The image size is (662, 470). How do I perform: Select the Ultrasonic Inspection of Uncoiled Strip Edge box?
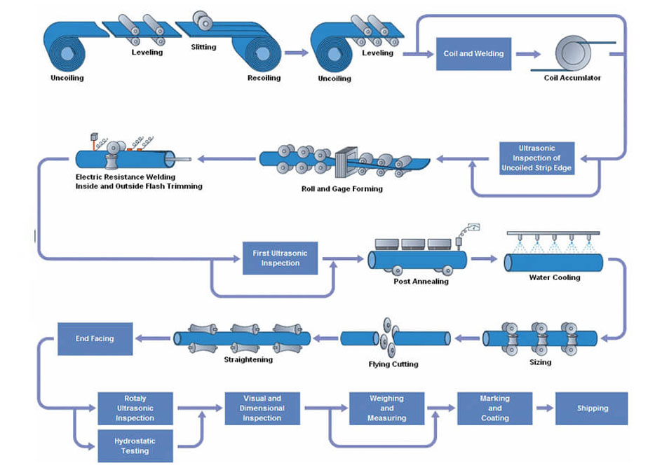(x=537, y=159)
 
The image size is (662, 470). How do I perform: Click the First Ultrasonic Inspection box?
(x=280, y=258)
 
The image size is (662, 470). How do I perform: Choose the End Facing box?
(x=95, y=338)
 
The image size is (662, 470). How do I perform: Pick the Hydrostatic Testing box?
(x=135, y=446)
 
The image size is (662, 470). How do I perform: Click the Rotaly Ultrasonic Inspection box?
(x=135, y=408)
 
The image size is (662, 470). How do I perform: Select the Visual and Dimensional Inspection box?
(x=262, y=408)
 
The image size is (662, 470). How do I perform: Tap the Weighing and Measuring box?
(x=386, y=408)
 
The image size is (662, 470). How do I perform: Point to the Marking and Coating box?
(x=494, y=408)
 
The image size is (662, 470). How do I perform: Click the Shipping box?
(x=592, y=408)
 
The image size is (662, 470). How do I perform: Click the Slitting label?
(x=203, y=48)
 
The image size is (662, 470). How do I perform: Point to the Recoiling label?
(x=264, y=78)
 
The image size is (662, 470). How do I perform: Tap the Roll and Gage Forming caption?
(x=332, y=189)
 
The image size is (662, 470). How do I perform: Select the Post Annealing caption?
(x=420, y=282)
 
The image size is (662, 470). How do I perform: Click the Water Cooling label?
(x=554, y=277)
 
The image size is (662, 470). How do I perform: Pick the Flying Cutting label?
(x=393, y=364)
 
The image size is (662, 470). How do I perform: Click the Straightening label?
(x=248, y=360)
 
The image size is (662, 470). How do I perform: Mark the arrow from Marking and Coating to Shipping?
(x=544, y=408)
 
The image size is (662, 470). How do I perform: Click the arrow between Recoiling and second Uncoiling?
(x=297, y=53)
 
